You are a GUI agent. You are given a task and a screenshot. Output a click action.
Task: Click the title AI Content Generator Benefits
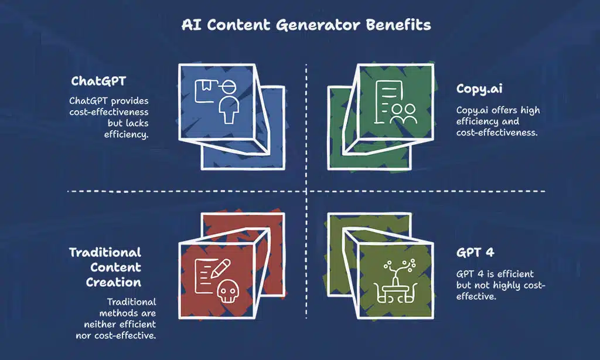point(306,25)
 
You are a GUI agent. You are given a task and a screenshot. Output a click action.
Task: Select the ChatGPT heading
point(98,81)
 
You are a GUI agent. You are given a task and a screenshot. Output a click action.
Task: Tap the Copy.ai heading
point(479,89)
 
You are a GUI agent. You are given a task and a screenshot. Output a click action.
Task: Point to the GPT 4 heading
point(475,252)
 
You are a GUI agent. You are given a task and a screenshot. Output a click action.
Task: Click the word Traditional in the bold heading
point(105,252)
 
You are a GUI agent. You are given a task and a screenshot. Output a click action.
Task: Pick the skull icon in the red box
point(228,291)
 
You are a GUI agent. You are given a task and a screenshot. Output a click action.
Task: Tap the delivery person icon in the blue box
point(229,101)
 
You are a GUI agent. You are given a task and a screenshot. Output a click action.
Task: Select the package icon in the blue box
point(204,91)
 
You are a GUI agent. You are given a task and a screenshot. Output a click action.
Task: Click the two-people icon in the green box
point(403,114)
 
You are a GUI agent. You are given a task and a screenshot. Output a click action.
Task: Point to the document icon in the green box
point(387,102)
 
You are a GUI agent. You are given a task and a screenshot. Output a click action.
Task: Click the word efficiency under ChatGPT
point(126,134)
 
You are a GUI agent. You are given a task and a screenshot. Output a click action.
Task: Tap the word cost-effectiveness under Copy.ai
point(497,133)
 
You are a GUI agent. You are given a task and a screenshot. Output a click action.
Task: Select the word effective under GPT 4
point(476,297)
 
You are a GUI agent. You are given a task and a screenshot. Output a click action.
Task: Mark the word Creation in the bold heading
point(113,282)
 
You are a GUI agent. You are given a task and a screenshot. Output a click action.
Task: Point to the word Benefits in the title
point(398,25)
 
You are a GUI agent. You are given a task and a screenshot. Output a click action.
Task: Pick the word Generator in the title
point(318,25)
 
